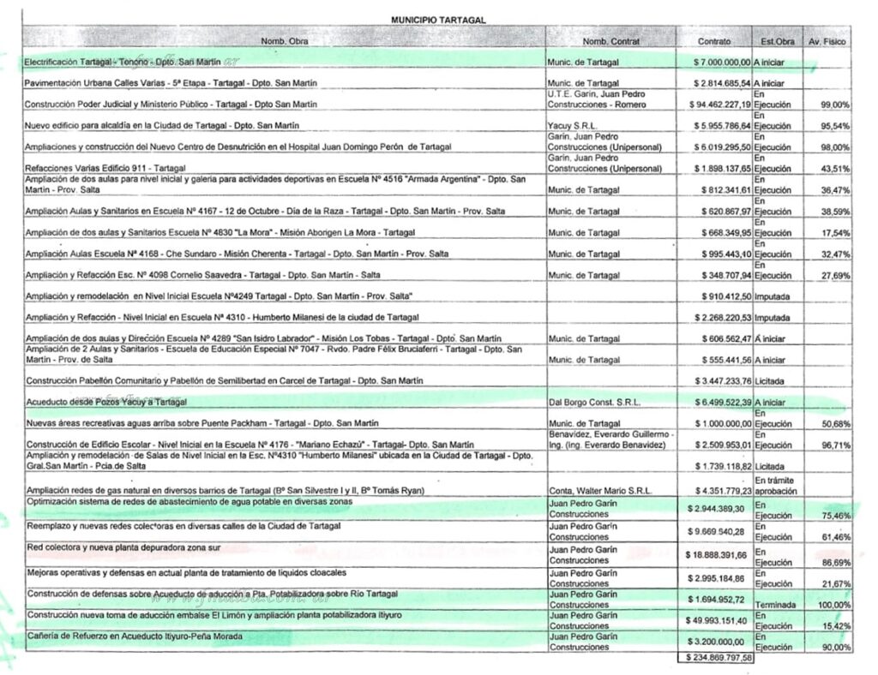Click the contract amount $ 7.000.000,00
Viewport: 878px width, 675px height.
click(x=722, y=63)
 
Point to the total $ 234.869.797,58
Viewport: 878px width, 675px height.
click(x=716, y=658)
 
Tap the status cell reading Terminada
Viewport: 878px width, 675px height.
click(x=776, y=605)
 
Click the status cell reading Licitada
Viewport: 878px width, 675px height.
click(x=771, y=380)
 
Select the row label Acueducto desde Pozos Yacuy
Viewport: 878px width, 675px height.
click(x=106, y=402)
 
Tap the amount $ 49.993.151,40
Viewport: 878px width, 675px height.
click(x=717, y=620)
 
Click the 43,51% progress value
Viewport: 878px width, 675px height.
click(x=834, y=168)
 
